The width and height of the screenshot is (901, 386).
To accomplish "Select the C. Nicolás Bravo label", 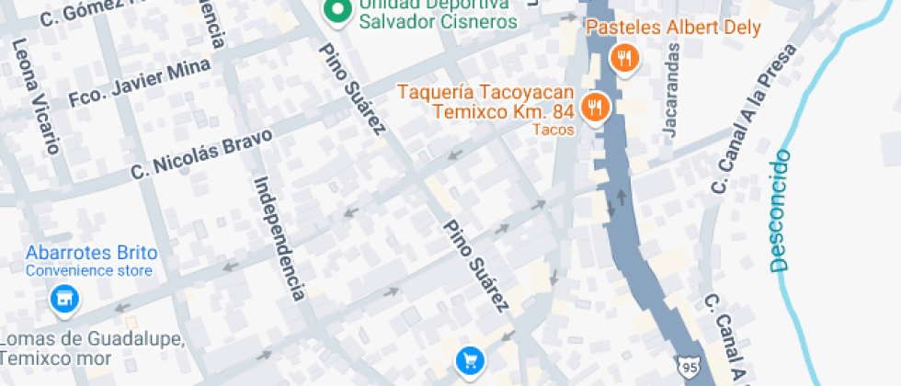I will tap(202, 153).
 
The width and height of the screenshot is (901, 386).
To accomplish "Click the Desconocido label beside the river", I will tap(781, 210).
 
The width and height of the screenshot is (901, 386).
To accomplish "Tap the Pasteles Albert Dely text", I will tap(673, 28).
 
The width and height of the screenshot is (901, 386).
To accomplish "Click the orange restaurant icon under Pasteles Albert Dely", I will tap(625, 61).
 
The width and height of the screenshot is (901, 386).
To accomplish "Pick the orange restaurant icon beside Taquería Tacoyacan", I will tap(596, 108).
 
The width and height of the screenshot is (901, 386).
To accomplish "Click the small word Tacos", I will tap(553, 130).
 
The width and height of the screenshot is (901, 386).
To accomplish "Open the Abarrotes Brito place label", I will tap(92, 253).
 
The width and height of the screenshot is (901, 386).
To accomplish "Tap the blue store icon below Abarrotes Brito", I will tap(63, 299).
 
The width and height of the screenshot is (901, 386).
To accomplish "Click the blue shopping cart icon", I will tap(471, 359).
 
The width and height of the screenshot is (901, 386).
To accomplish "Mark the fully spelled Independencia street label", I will tap(279, 238).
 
